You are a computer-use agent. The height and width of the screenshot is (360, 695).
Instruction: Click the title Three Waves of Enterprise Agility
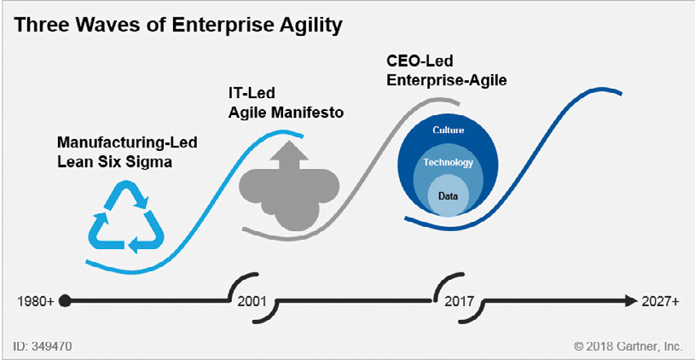(x=177, y=26)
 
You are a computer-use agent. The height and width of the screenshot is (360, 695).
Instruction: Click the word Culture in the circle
(x=448, y=131)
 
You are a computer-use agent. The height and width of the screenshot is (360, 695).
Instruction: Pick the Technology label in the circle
(x=448, y=163)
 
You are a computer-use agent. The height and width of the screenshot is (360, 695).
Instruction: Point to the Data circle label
(x=448, y=195)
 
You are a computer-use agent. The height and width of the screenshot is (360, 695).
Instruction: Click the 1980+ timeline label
(x=36, y=301)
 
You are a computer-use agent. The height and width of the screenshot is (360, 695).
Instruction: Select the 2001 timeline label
(x=252, y=301)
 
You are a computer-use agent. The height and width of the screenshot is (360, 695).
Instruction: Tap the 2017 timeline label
(x=459, y=301)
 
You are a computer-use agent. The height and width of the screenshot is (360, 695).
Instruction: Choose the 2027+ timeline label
(x=660, y=301)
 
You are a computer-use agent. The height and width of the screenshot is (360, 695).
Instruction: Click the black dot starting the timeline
(x=65, y=301)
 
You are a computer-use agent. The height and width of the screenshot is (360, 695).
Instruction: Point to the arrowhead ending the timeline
(x=630, y=301)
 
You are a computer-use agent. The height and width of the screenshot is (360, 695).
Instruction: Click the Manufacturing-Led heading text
(x=127, y=143)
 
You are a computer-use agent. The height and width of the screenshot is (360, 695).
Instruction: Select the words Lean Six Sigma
(x=114, y=162)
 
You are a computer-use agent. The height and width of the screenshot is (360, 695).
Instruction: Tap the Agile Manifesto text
(x=286, y=113)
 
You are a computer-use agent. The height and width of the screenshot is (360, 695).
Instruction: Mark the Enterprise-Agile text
(x=447, y=81)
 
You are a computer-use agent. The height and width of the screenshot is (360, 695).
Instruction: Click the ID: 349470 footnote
(x=43, y=345)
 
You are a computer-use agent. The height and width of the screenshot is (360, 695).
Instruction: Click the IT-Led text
(x=252, y=93)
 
